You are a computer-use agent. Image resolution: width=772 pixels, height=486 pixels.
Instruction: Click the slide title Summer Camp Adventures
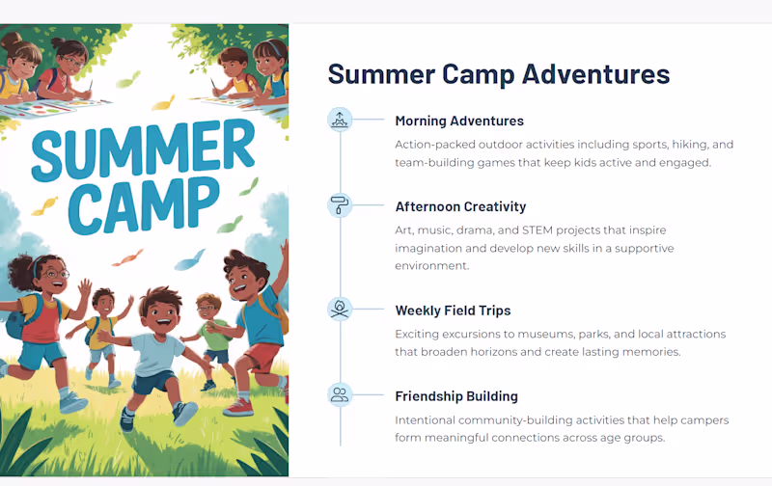point(498,74)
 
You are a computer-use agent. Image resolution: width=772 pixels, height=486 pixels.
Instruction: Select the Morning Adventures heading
point(459,121)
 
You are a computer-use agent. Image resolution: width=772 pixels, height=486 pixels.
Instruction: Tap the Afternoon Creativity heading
point(460,206)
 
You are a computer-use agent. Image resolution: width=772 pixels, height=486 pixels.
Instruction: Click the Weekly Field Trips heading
point(453,310)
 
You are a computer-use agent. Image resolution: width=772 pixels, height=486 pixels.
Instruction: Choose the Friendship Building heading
point(456,396)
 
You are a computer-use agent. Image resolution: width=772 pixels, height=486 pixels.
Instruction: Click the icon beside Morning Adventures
point(340,120)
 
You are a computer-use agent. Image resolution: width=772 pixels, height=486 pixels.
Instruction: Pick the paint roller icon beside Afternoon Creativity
point(340,205)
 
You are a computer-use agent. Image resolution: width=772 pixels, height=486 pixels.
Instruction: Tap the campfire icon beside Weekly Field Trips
point(340,310)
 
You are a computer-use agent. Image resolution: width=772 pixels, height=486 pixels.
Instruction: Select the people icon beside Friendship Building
point(340,394)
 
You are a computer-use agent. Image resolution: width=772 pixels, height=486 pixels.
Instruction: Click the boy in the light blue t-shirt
point(156,347)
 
